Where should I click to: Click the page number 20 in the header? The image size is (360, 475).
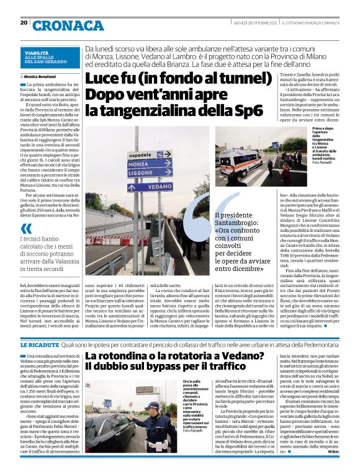point(24,23)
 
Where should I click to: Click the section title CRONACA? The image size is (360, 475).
point(68,25)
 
